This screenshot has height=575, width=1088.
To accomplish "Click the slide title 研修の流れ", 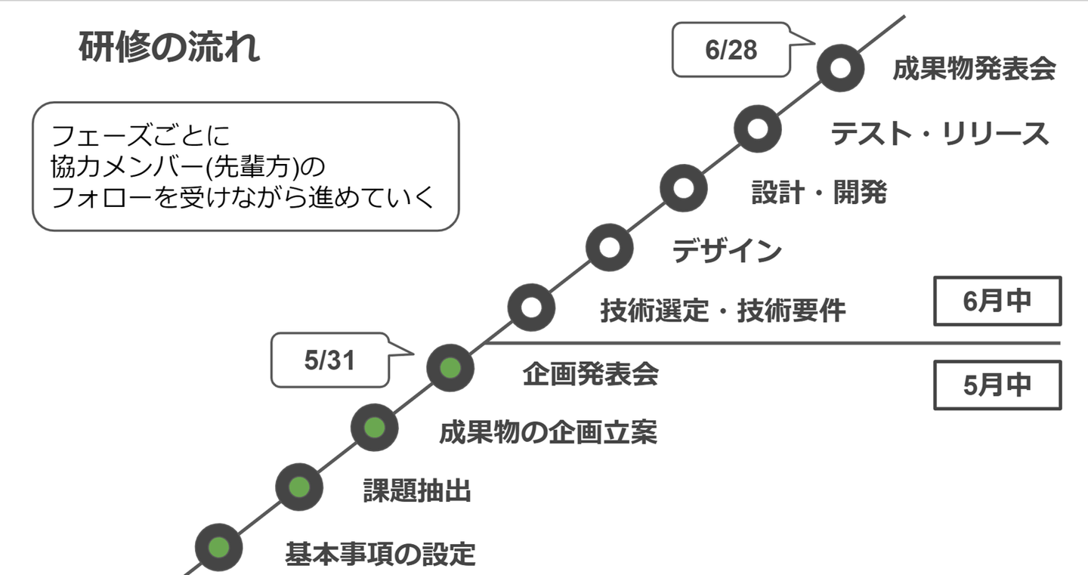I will (169, 48).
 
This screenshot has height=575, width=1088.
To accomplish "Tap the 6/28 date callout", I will (731, 50).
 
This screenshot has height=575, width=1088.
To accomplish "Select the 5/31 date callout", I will (329, 361).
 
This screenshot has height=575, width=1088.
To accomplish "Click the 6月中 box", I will (997, 301).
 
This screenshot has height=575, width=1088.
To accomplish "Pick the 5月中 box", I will (997, 385).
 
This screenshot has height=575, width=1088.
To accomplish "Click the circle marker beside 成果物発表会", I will (841, 68).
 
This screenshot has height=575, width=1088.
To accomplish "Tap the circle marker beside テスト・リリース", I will (758, 128).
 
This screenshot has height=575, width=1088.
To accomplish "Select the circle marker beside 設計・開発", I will (683, 188).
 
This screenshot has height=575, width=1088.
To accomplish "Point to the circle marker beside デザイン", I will (609, 247).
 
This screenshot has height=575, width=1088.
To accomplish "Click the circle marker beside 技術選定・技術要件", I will (531, 308).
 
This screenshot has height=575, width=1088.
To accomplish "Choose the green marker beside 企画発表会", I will (450, 368).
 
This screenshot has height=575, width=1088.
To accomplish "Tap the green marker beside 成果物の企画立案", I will (375, 428).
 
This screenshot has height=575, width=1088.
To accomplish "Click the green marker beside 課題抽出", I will (298, 487).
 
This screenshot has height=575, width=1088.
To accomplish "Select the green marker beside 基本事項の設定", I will (218, 548).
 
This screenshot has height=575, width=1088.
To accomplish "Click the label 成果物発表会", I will (974, 70).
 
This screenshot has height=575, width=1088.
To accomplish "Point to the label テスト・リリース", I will (940, 134).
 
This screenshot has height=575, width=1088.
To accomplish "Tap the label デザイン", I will (727, 251).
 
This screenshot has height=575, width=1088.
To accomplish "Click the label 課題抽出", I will (417, 491).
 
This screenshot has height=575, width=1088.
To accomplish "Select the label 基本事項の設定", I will (380, 554).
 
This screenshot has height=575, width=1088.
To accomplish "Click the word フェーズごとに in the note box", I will (140, 136).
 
